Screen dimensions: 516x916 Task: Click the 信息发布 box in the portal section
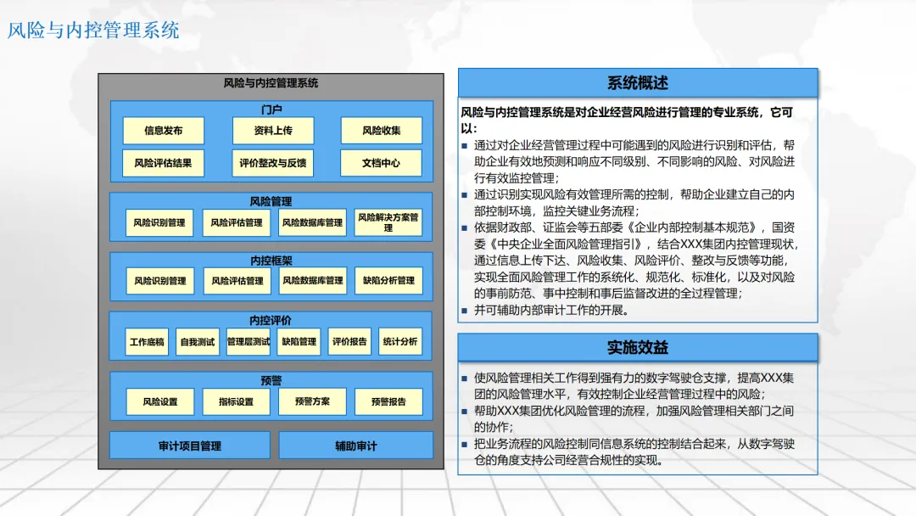click(x=163, y=131)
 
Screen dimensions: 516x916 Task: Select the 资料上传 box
click(x=273, y=131)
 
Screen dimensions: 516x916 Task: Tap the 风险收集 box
click(x=381, y=131)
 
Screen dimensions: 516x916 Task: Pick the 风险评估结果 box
click(x=163, y=163)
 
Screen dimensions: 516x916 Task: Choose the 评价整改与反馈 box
click(x=273, y=163)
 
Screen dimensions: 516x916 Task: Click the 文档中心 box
click(x=381, y=163)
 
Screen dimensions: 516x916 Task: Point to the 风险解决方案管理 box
click(x=388, y=222)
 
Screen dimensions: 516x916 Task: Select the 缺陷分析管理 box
click(x=388, y=281)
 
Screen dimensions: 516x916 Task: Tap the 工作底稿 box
click(x=147, y=342)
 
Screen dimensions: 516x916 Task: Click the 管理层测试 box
click(x=249, y=342)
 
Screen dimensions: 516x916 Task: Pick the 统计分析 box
click(x=399, y=342)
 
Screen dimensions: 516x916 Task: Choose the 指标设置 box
click(x=236, y=401)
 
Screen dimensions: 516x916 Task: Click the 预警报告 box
click(x=388, y=401)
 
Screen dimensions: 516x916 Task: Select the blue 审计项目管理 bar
click(x=190, y=446)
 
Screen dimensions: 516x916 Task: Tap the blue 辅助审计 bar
click(x=355, y=446)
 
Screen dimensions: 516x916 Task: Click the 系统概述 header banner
click(x=638, y=83)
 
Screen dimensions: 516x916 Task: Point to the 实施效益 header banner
click(x=638, y=347)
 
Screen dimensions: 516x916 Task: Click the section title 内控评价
click(x=271, y=320)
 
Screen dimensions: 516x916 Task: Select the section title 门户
click(x=271, y=109)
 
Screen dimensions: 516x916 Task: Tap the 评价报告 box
click(x=349, y=342)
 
